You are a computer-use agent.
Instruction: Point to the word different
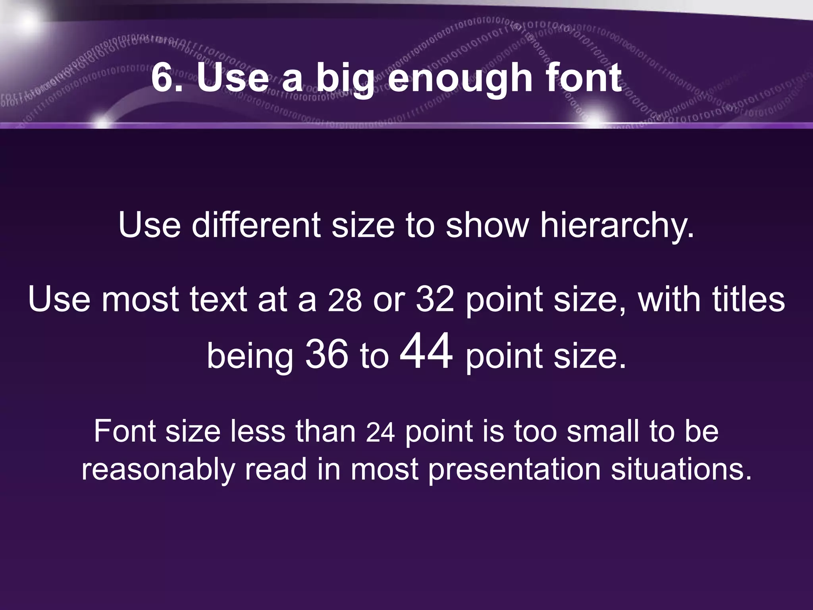click(x=256, y=225)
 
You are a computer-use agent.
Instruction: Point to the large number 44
click(x=426, y=351)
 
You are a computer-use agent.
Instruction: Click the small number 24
click(x=380, y=432)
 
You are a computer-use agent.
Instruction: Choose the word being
click(x=250, y=356)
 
